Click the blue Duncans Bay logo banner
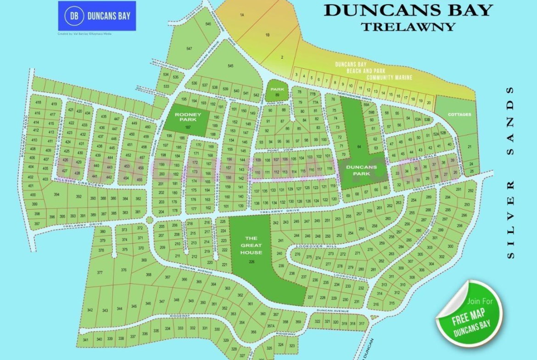[97, 16]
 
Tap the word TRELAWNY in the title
[408, 26]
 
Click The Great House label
[251, 245]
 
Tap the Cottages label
[459, 114]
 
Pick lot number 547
[189, 49]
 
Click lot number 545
[230, 66]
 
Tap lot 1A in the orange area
[242, 16]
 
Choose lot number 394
[56, 195]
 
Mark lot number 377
[100, 273]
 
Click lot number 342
[90, 310]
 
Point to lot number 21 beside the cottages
[470, 147]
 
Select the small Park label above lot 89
[277, 89]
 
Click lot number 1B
[267, 34]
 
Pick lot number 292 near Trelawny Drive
[470, 190]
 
